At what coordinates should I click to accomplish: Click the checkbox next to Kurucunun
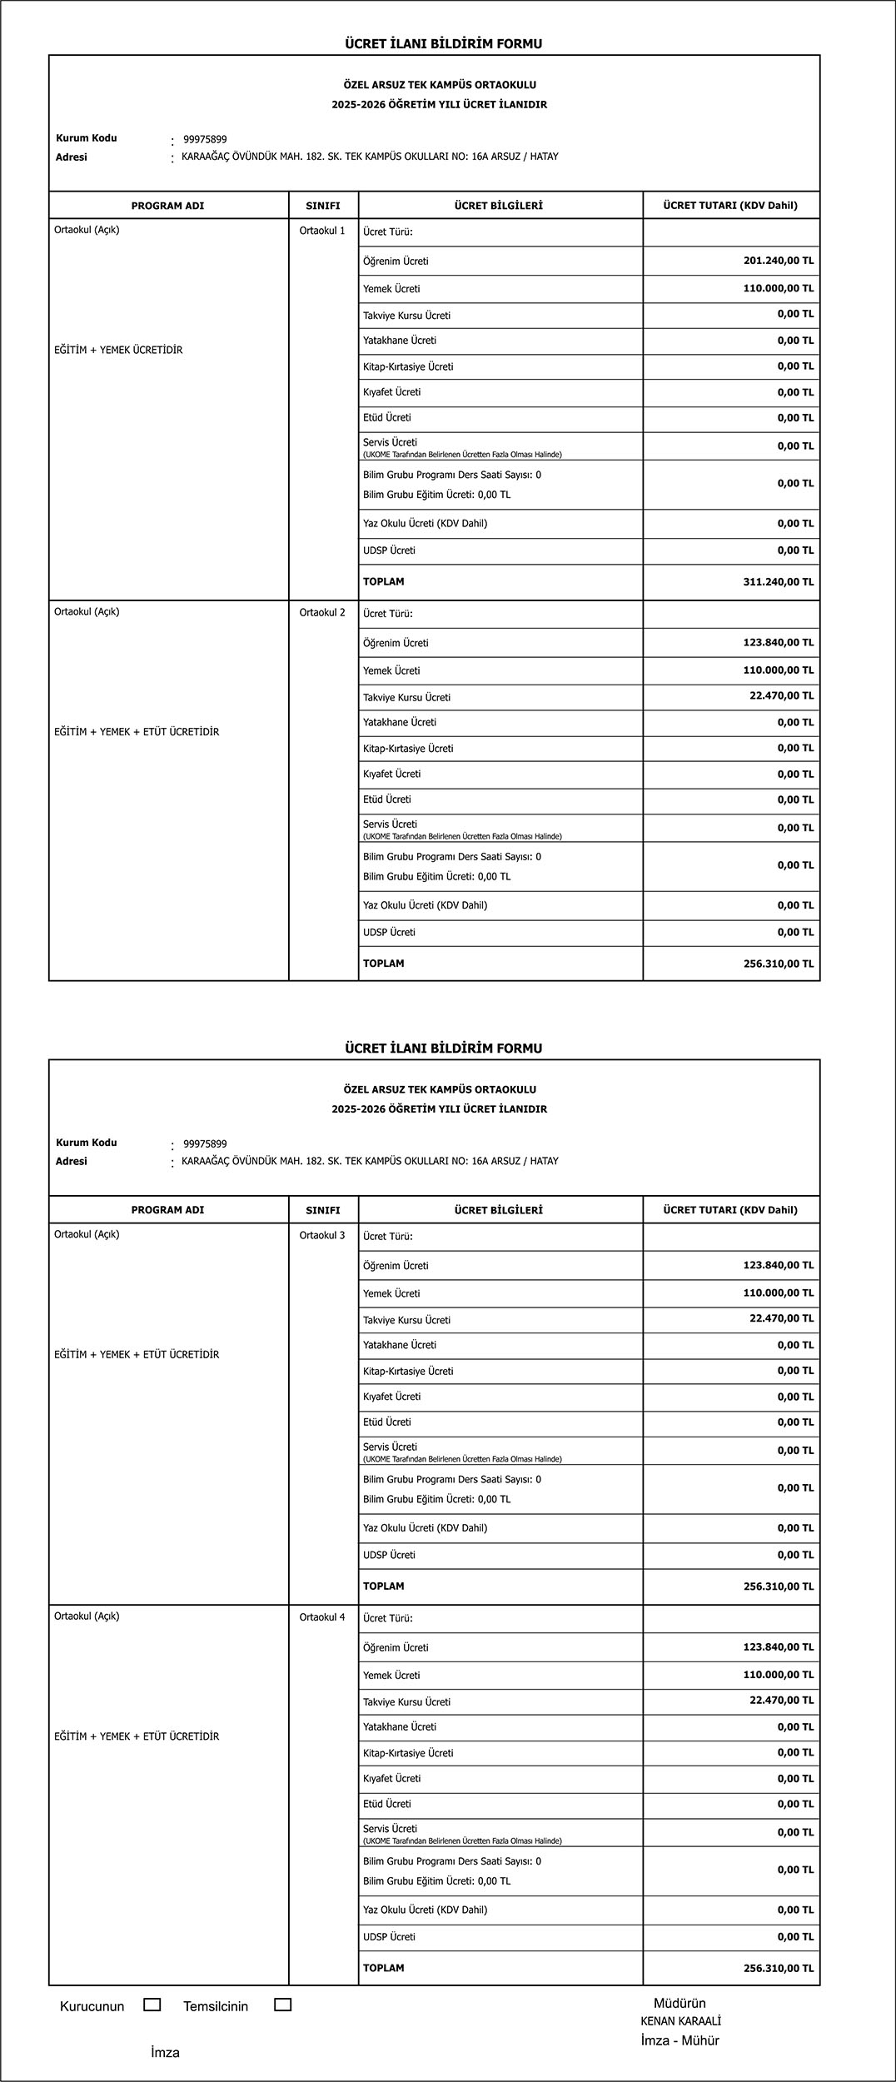click(x=152, y=2021)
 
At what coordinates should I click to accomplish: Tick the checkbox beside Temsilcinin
click(x=283, y=2021)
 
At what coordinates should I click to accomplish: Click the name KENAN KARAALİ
click(x=680, y=2038)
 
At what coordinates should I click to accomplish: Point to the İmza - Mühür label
click(x=679, y=2057)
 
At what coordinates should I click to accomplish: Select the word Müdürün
click(x=679, y=2020)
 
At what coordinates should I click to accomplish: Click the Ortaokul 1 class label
click(x=322, y=231)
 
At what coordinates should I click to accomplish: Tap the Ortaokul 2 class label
click(x=322, y=613)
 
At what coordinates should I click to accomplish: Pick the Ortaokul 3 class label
click(x=322, y=1235)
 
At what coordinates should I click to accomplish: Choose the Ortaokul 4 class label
click(x=322, y=1617)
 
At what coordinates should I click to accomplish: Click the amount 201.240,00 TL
click(x=778, y=261)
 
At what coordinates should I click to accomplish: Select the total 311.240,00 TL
click(x=778, y=582)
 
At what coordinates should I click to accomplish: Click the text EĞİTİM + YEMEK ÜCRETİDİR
click(x=118, y=351)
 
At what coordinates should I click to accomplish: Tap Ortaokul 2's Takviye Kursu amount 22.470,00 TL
click(x=781, y=695)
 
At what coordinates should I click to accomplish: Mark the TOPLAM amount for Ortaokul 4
click(x=778, y=1968)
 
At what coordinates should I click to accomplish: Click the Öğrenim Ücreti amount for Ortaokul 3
click(x=778, y=1265)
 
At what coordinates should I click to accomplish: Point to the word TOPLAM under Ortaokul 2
click(x=383, y=964)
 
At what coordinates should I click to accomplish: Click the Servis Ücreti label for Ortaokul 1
click(x=390, y=443)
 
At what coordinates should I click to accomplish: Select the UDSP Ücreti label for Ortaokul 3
click(x=389, y=1555)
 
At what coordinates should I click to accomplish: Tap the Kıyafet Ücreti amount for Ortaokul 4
click(x=795, y=1778)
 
